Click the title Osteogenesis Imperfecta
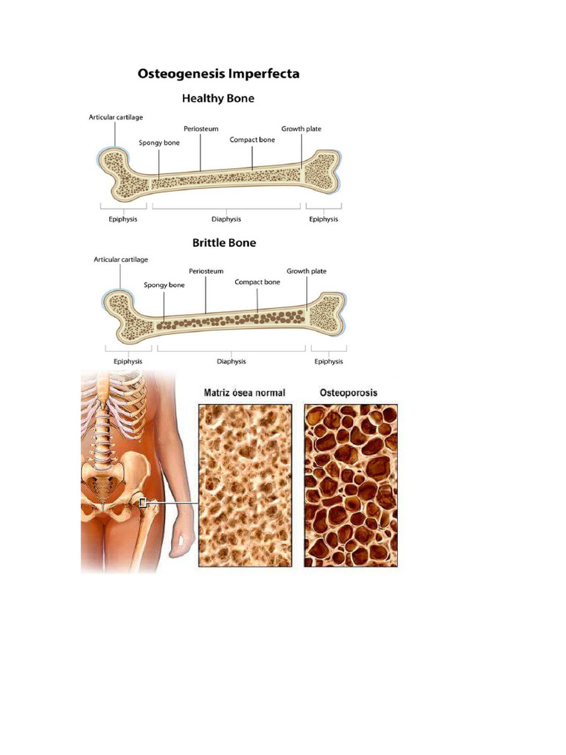[219, 74]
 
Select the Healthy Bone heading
[218, 98]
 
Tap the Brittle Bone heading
[224, 243]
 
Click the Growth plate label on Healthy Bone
[301, 129]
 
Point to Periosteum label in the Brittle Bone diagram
[206, 271]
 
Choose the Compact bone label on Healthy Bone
[252, 139]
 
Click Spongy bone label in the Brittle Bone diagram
[164, 285]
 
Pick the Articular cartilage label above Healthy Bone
[116, 117]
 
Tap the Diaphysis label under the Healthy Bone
[226, 219]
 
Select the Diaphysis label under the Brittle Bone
[231, 361]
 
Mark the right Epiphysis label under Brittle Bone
[329, 361]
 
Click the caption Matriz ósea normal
[244, 393]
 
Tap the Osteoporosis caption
[349, 392]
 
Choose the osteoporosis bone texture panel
[351, 485]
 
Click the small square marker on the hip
[144, 503]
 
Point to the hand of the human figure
[178, 546]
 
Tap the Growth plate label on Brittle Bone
[307, 271]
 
